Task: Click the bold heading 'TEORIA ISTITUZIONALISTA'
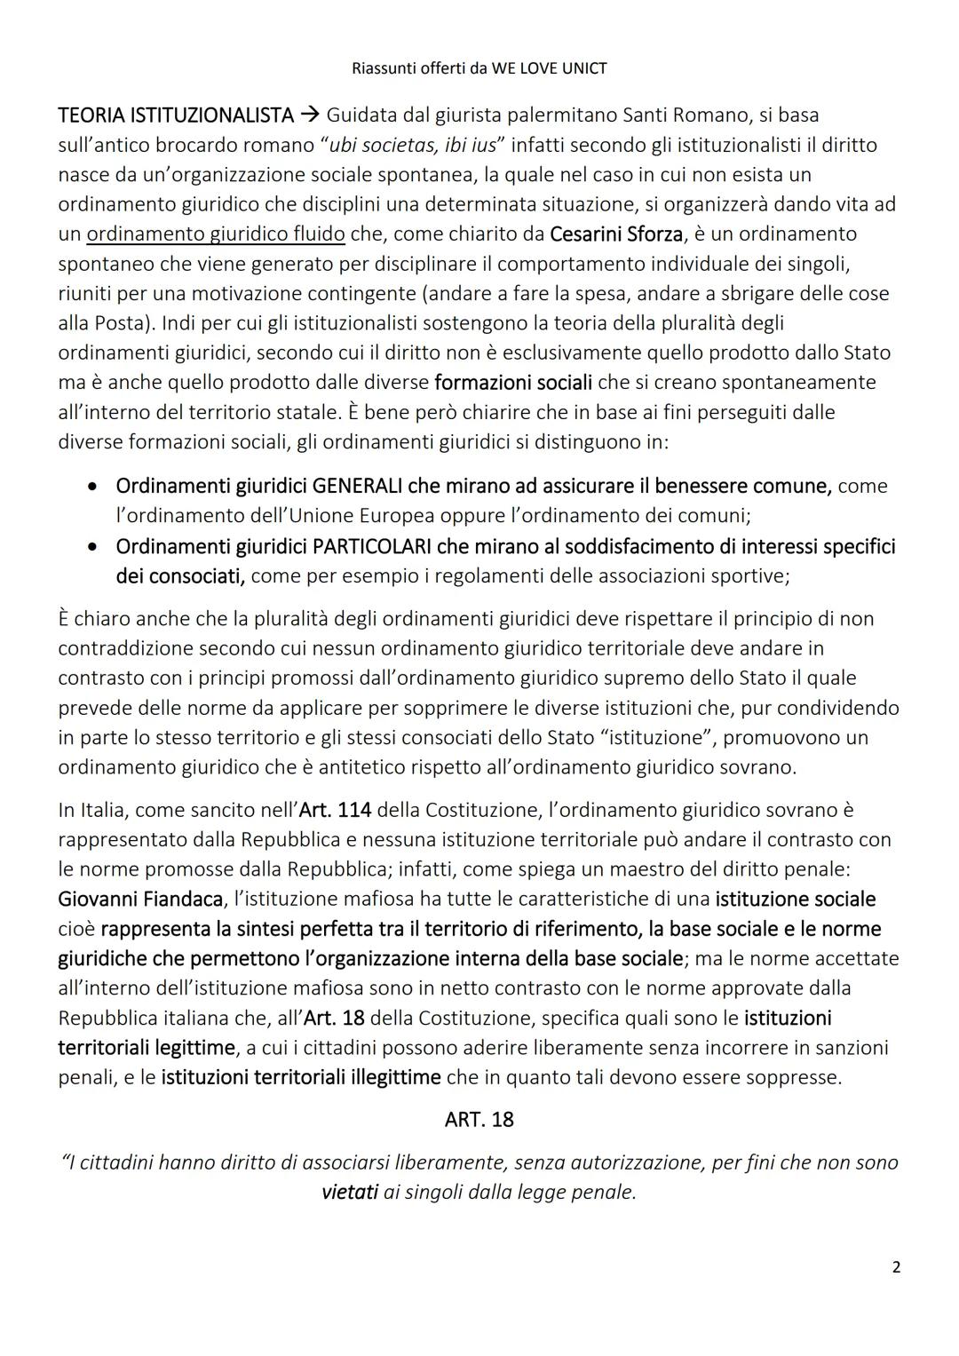[x=175, y=115]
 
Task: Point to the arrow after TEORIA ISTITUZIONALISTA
[x=309, y=115]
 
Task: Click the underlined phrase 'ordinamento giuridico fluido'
[x=216, y=234]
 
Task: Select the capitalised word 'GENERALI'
[x=357, y=486]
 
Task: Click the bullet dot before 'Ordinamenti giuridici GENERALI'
[x=93, y=487]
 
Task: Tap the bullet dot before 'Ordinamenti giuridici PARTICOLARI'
[x=93, y=547]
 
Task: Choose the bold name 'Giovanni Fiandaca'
[x=140, y=900]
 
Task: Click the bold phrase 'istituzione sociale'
[x=795, y=900]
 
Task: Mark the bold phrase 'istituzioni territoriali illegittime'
[x=301, y=1078]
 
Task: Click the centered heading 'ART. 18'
[x=479, y=1120]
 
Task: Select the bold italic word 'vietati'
[x=349, y=1193]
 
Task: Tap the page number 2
[x=896, y=1267]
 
